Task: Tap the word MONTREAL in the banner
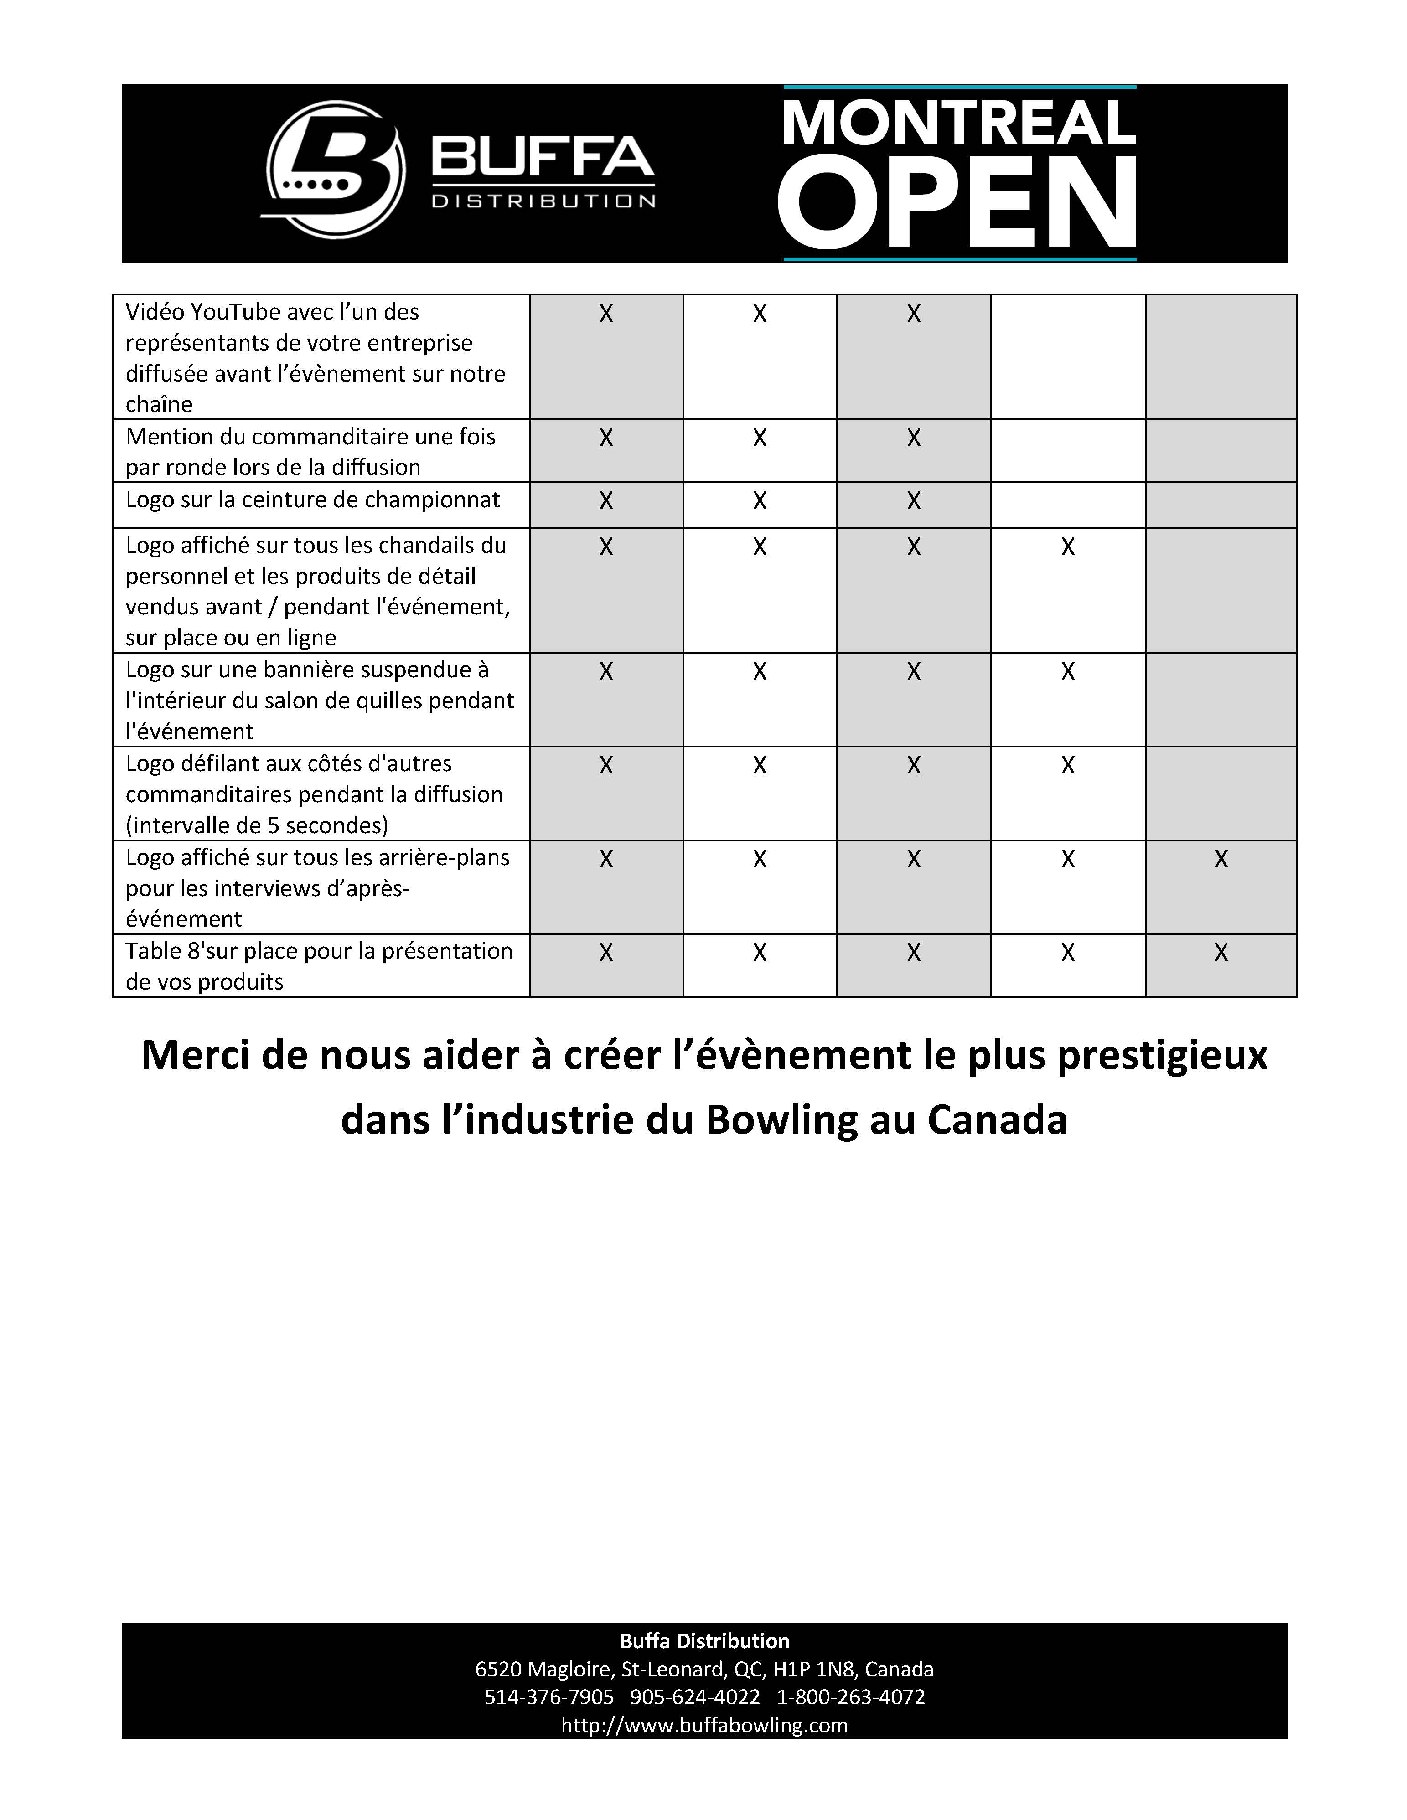pyautogui.click(x=958, y=123)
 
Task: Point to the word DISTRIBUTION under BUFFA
pyautogui.click(x=543, y=201)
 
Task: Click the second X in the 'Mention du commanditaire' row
pyautogui.click(x=759, y=438)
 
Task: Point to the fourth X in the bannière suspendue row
pyautogui.click(x=1068, y=672)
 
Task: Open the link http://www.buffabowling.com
pyautogui.click(x=704, y=1725)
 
